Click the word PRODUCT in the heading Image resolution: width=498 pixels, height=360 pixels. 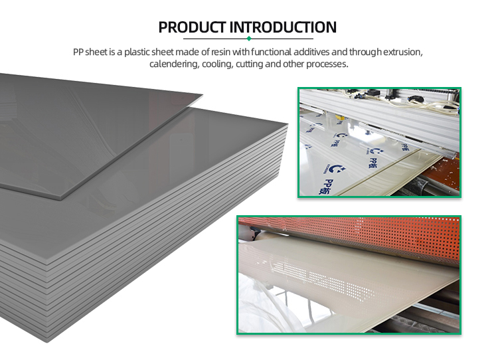pos(192,28)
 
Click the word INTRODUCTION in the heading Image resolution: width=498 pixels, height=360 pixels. pos(283,28)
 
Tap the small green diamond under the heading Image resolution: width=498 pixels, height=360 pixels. pos(249,39)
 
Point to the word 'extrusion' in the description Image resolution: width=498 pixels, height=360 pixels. pos(401,52)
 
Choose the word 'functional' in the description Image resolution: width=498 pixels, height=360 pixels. pos(268,52)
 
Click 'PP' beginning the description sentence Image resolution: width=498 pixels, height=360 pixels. pos(80,52)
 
